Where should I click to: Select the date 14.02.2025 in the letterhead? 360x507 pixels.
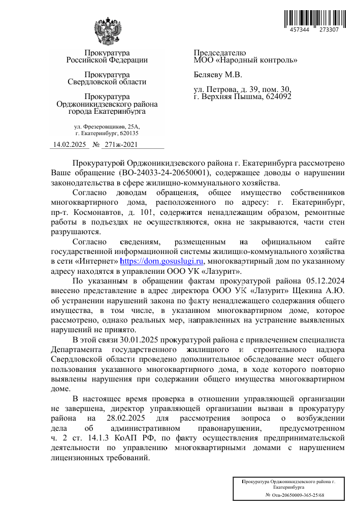click(x=70, y=144)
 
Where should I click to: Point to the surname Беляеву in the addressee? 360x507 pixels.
click(x=209, y=75)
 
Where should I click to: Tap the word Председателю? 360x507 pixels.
click(x=220, y=53)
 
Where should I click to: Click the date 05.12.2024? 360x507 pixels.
click(x=326, y=280)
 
